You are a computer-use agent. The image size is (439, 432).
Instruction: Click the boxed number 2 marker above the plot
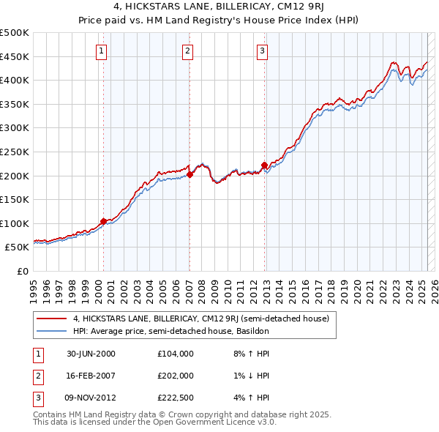(x=188, y=51)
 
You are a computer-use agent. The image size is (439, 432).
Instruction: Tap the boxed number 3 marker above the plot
(x=262, y=51)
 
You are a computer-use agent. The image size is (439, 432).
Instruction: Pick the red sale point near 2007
(x=189, y=174)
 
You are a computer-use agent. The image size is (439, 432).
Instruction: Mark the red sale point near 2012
(x=263, y=165)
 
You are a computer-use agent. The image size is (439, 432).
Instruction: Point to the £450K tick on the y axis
(x=15, y=56)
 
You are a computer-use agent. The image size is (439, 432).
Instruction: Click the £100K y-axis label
(x=15, y=223)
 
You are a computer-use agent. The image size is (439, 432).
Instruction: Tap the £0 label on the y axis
(x=22, y=271)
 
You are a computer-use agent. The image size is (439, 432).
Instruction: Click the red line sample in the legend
(x=51, y=319)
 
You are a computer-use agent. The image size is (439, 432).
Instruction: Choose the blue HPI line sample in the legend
(x=51, y=331)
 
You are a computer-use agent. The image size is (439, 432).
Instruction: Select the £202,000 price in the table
(x=175, y=376)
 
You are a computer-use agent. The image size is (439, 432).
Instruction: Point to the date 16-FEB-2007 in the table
(x=91, y=376)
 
